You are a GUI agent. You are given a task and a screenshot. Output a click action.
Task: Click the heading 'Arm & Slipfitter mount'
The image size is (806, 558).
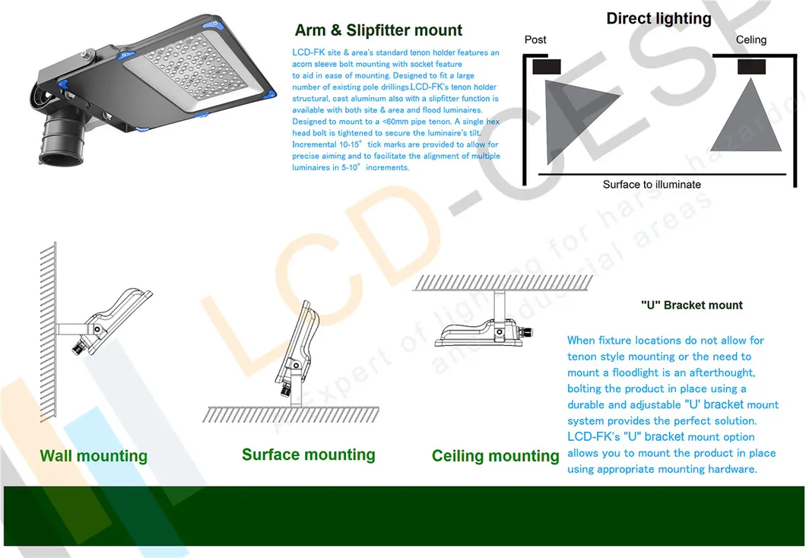378,30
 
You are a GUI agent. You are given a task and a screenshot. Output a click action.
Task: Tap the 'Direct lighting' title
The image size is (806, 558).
658,18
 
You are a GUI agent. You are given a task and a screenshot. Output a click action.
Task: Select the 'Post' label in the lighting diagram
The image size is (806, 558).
535,40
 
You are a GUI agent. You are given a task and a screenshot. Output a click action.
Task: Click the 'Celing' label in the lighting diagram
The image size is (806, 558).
751,40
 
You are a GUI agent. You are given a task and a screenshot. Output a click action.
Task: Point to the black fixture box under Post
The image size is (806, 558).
547,67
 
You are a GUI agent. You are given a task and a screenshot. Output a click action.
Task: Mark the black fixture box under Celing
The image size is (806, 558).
751,67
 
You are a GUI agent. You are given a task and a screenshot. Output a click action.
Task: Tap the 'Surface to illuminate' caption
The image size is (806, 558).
652,185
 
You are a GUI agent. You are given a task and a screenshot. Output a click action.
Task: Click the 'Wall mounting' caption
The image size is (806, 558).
94,456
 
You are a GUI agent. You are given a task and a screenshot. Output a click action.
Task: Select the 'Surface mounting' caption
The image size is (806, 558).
308,455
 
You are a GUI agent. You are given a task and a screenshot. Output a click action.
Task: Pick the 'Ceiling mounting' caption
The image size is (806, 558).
495,456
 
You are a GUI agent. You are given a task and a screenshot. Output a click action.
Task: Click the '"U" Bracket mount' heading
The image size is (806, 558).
691,305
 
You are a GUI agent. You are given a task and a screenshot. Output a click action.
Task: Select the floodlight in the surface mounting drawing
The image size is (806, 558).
298,350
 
